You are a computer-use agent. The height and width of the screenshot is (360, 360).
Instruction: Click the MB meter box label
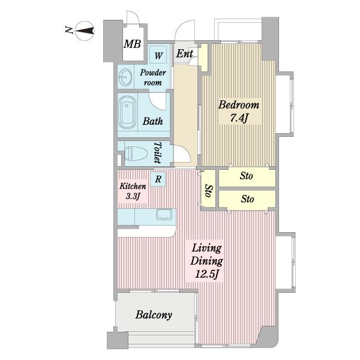click(132, 44)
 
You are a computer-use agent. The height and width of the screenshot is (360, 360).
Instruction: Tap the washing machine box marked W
click(158, 55)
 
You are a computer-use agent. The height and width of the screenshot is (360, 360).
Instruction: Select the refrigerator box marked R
click(158, 179)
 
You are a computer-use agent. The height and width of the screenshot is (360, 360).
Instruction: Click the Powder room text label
click(152, 77)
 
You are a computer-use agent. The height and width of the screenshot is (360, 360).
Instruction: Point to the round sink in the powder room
click(125, 77)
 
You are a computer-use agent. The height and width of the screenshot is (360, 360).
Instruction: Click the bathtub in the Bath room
click(127, 113)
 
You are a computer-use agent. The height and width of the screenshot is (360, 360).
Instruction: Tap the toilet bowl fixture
click(136, 154)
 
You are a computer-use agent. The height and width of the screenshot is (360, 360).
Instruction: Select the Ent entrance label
click(184, 54)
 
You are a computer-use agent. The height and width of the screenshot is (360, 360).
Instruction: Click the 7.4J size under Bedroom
click(239, 118)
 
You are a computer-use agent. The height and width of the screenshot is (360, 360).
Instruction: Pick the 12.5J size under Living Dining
click(206, 275)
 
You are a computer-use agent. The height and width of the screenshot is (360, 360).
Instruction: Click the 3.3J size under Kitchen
click(133, 196)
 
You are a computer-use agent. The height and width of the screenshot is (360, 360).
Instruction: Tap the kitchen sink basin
click(164, 214)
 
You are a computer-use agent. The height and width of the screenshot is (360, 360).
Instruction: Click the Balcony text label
click(154, 315)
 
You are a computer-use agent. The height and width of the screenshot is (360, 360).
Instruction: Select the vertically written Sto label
click(209, 190)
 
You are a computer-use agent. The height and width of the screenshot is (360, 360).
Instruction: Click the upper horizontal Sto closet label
click(247, 176)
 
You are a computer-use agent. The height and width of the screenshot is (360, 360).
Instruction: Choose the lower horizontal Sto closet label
click(247, 199)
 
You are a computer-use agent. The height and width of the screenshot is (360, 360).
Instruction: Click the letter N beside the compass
click(68, 30)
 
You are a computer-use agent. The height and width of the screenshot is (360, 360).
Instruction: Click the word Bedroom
click(239, 105)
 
